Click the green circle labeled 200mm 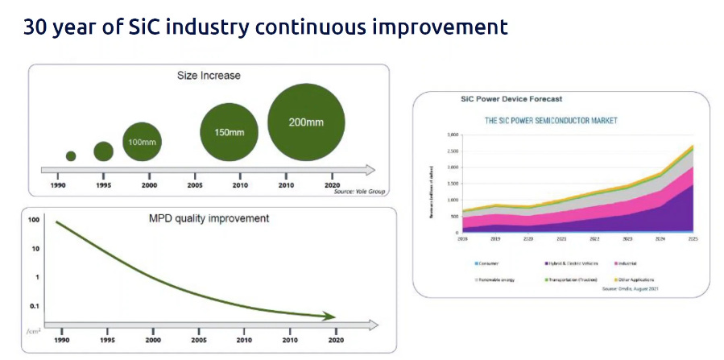[307, 123]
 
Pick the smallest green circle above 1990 [71, 156]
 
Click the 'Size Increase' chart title [209, 77]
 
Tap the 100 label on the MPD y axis [34, 220]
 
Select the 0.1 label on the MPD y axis [34, 307]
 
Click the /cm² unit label [33, 331]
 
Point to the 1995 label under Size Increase [103, 185]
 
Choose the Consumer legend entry [487, 263]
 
